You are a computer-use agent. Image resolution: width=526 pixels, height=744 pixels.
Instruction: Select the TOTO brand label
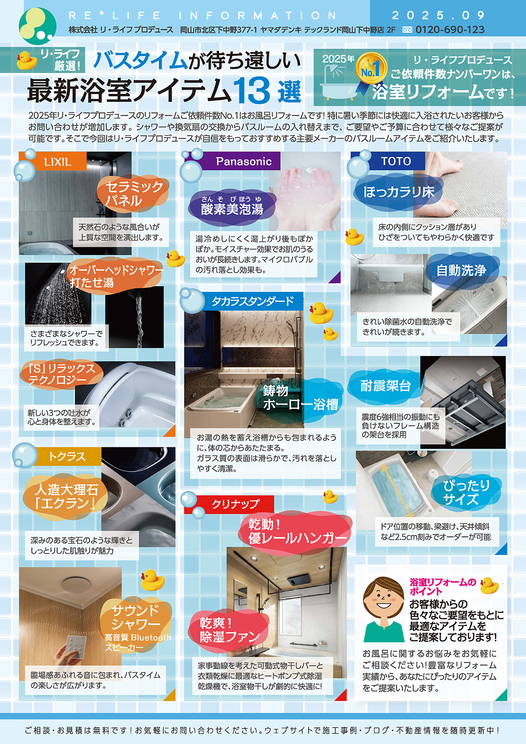click(396, 161)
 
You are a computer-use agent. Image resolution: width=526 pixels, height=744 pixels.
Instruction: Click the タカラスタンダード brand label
click(253, 301)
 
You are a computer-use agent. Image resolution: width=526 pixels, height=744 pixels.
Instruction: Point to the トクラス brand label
click(67, 456)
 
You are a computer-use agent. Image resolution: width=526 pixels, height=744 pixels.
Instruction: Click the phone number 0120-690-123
click(450, 30)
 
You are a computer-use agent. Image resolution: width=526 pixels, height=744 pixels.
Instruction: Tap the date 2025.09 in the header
click(438, 15)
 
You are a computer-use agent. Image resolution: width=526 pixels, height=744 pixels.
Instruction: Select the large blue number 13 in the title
click(252, 91)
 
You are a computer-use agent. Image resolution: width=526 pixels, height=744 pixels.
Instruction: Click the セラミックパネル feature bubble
click(133, 193)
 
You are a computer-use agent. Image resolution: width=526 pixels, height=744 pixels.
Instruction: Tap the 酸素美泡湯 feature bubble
click(232, 206)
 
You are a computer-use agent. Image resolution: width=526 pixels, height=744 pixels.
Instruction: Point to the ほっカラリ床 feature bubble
click(399, 192)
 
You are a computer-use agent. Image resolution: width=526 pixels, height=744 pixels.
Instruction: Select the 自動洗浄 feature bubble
click(461, 270)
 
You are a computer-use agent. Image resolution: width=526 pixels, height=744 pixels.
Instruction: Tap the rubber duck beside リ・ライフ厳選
click(27, 60)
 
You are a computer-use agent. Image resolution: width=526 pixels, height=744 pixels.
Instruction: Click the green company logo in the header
click(37, 25)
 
